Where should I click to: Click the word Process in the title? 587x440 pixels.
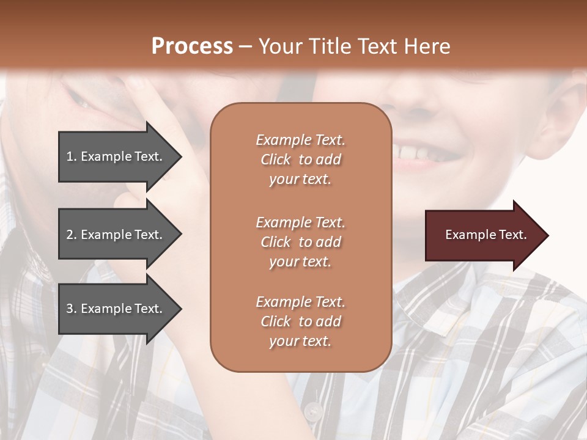192,46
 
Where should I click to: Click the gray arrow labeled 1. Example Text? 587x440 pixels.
116,156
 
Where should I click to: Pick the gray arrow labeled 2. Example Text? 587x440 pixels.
116,235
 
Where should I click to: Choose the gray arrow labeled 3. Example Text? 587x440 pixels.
116,309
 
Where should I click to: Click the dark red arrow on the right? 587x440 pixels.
483,235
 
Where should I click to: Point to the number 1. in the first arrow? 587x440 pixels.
72,156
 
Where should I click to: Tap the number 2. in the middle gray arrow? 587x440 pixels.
72,235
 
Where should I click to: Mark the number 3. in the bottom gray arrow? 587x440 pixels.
72,309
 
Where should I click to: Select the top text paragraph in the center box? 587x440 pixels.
300,159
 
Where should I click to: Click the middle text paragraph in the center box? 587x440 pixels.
300,242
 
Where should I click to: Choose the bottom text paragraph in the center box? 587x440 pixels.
300,321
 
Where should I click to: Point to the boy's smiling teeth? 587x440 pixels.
416,150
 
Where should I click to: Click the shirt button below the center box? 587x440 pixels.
312,410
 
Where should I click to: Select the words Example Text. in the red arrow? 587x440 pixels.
486,235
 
